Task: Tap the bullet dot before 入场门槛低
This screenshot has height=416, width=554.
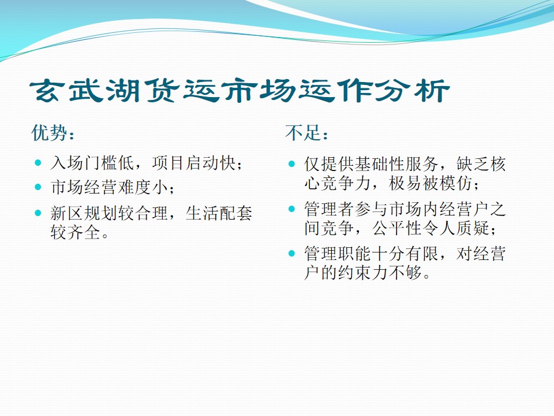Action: click(x=38, y=163)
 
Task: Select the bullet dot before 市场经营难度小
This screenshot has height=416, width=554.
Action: click(x=38, y=187)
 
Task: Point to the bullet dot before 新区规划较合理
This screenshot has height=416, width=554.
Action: click(x=38, y=213)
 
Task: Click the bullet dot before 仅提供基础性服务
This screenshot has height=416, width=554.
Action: click(x=291, y=164)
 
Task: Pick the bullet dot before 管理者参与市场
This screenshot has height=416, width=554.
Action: click(x=291, y=209)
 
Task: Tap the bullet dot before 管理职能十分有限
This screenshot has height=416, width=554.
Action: click(x=291, y=253)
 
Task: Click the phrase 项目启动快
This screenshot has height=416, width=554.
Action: click(x=194, y=163)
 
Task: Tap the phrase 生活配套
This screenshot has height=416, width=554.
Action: click(x=219, y=213)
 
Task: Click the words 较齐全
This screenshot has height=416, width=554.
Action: click(x=75, y=232)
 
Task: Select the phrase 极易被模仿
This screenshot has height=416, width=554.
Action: click(x=431, y=183)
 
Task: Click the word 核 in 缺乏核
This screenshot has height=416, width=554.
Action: click(x=498, y=164)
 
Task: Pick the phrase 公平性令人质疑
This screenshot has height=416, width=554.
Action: click(x=431, y=228)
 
